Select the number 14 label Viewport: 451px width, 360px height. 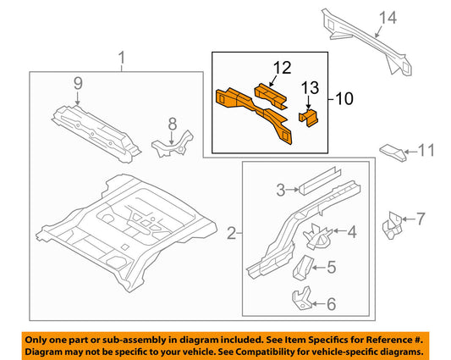(x=387, y=18)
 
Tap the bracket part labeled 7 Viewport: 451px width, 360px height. (x=392, y=223)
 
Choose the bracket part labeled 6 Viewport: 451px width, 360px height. (x=301, y=301)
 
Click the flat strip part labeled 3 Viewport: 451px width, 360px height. (x=320, y=180)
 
